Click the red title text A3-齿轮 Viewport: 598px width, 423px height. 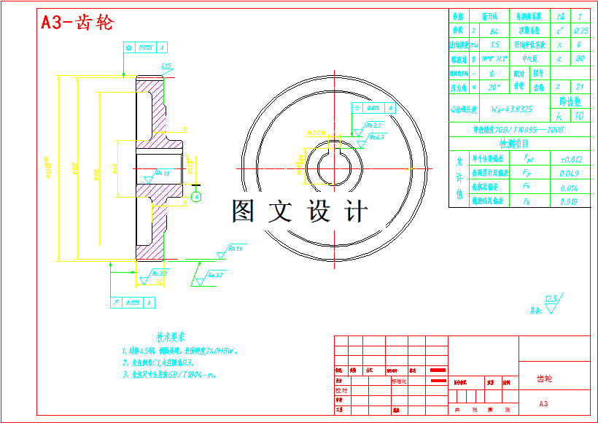coord(77,23)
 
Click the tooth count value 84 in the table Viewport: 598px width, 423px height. coord(495,31)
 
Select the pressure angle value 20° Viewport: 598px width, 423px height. coord(494,87)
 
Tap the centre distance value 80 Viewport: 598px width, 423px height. coord(580,59)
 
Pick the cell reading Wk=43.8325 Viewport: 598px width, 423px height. coord(511,109)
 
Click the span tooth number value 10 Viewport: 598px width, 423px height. coord(580,115)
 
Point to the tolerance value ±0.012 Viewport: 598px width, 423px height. coord(571,159)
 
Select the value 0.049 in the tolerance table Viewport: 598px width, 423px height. coord(570,174)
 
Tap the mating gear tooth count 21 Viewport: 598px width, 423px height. coord(580,87)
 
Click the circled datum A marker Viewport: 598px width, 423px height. coord(195,197)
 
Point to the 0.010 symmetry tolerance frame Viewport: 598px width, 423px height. coord(373,108)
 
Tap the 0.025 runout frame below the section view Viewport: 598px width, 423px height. coord(132,302)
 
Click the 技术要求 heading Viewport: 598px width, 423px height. coord(171,337)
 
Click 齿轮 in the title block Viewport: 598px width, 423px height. coord(545,379)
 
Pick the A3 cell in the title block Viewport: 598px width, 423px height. coord(543,403)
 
